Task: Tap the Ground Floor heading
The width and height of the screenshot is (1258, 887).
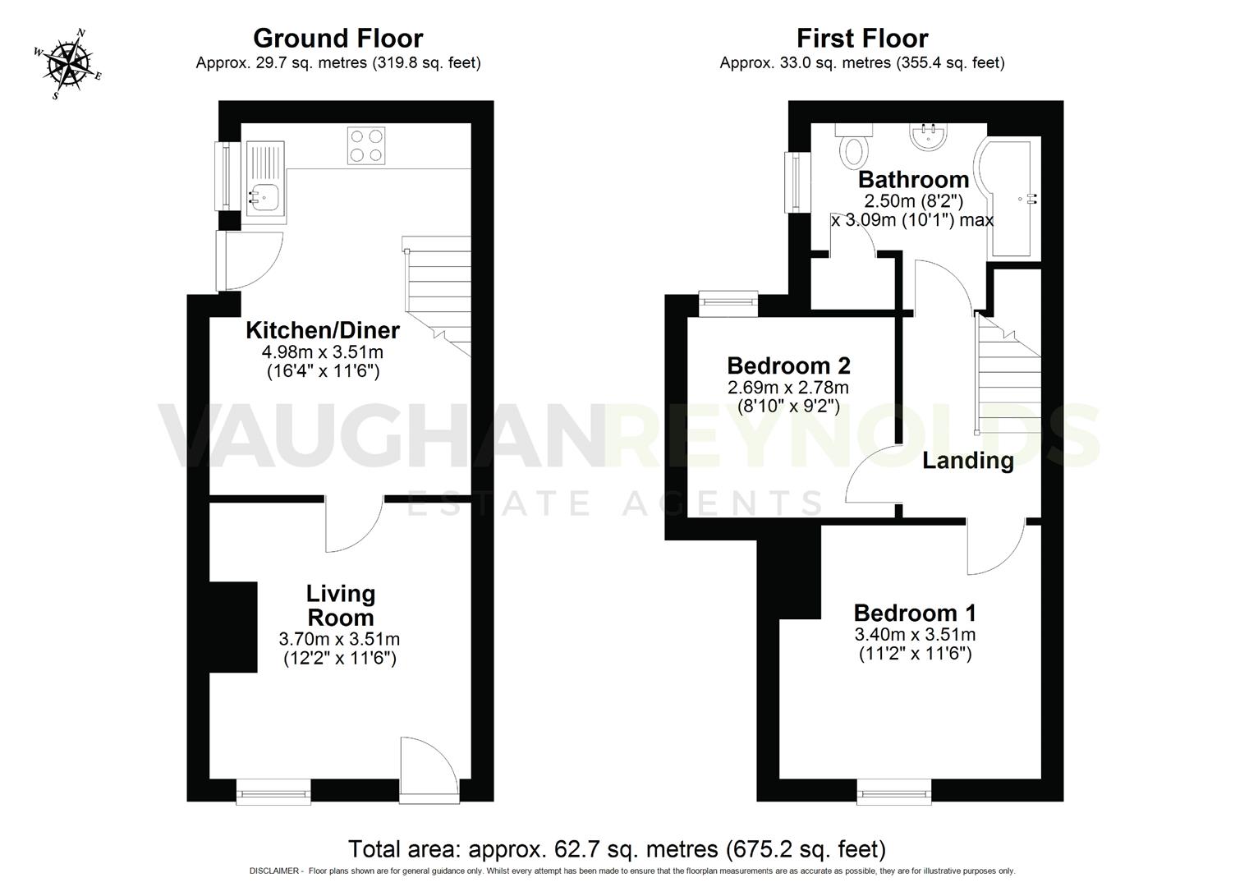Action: (x=337, y=39)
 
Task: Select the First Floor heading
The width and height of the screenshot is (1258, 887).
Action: (x=861, y=39)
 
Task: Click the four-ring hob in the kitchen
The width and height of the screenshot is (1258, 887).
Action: (x=366, y=146)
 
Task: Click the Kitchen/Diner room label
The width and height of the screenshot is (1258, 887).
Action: (x=323, y=330)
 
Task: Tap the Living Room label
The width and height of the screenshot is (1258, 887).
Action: (x=340, y=605)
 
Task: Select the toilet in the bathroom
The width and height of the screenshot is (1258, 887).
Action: (x=854, y=149)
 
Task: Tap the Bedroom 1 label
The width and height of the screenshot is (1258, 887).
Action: (x=915, y=613)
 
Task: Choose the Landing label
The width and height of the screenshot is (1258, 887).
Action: (x=967, y=461)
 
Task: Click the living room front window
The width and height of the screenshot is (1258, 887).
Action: (x=273, y=793)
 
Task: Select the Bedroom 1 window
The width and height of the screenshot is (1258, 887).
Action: (x=894, y=793)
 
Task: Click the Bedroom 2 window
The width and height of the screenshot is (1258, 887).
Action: (x=728, y=302)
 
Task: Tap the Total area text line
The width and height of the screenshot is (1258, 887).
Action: (x=617, y=848)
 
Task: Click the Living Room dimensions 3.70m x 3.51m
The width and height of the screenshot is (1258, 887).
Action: (x=340, y=639)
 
